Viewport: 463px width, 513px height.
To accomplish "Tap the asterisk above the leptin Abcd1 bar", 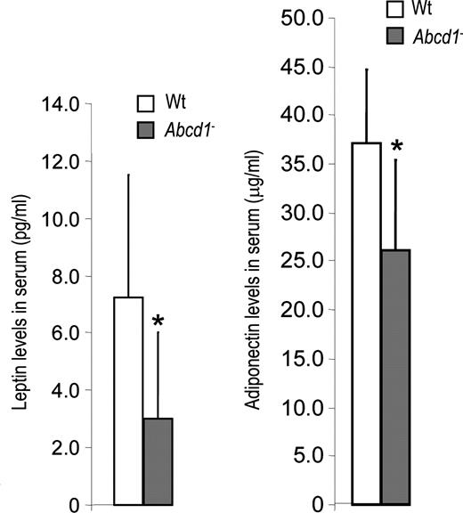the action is tap(158, 321).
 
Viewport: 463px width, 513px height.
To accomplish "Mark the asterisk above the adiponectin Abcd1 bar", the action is tap(396, 146).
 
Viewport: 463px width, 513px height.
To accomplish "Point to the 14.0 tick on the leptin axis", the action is tap(61, 104).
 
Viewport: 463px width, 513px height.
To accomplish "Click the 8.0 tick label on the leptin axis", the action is tap(66, 276).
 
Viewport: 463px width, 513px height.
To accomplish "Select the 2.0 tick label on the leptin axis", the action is tap(66, 448).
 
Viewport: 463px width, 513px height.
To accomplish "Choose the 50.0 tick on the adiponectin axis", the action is tap(303, 19).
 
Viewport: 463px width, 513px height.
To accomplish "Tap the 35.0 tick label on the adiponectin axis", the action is tap(303, 164).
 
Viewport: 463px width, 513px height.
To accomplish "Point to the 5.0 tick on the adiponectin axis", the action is tap(308, 456).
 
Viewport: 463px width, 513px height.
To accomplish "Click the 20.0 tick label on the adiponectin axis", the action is tap(303, 310).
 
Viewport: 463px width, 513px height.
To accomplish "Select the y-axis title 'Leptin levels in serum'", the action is tap(20, 302).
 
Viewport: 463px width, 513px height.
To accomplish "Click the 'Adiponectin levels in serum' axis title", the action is tap(255, 280).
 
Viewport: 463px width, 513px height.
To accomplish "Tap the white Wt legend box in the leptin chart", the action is tap(145, 103).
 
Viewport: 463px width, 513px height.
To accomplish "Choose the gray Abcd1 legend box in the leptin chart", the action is tap(145, 130).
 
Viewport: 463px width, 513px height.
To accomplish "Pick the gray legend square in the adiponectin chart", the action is tap(395, 36).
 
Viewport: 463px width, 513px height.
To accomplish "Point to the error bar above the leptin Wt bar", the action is tap(128, 235).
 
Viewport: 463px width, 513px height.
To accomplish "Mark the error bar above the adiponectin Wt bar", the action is tap(367, 106).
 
